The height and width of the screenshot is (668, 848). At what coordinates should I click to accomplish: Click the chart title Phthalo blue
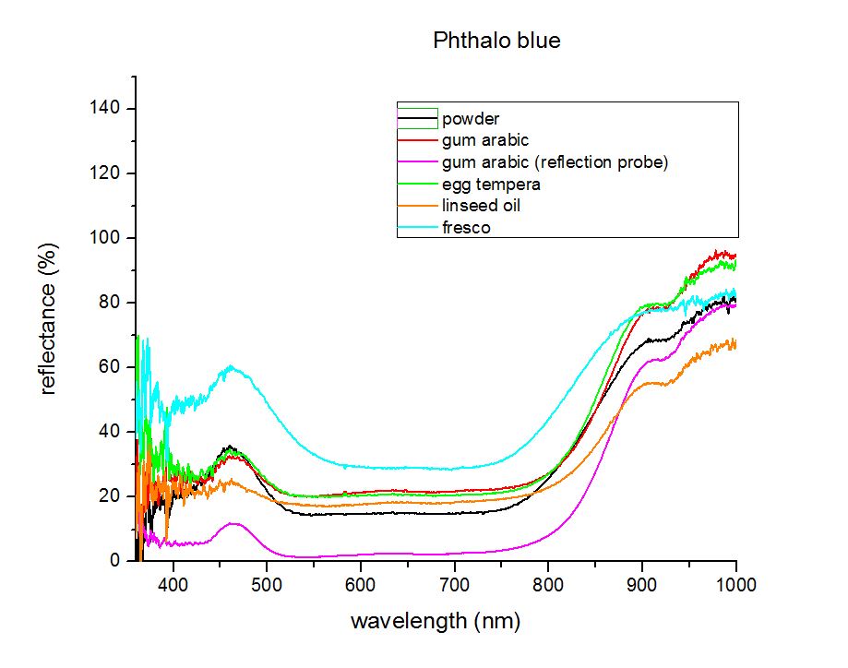(496, 41)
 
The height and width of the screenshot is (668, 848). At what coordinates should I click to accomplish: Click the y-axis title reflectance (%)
(48, 319)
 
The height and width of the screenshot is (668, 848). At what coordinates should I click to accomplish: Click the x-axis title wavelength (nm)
(436, 621)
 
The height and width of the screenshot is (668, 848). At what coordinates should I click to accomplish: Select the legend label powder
(471, 119)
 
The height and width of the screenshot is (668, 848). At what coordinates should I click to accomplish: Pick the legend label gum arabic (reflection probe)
(555, 162)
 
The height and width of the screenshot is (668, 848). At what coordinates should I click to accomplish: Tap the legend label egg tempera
(491, 185)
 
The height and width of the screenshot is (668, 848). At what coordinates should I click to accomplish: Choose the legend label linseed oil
(481, 206)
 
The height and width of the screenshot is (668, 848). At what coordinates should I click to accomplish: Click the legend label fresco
(466, 228)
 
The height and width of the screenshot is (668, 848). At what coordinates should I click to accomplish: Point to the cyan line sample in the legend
(417, 227)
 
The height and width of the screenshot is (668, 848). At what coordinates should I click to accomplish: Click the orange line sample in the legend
(417, 206)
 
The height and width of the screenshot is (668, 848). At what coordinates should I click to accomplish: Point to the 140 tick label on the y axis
(104, 108)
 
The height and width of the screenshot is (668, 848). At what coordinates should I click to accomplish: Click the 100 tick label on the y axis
(104, 237)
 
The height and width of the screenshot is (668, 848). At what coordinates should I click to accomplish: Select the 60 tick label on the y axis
(109, 366)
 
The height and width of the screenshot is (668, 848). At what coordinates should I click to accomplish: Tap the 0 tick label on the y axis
(114, 560)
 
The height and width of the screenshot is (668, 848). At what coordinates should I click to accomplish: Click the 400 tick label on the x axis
(173, 585)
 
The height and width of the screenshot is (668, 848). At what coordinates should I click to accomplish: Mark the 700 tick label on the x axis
(454, 585)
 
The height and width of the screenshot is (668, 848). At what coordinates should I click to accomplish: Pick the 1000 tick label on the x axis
(735, 585)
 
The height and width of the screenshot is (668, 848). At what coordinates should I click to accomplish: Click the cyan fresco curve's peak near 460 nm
(232, 366)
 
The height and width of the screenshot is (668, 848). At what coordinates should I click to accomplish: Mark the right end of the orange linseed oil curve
(735, 344)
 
